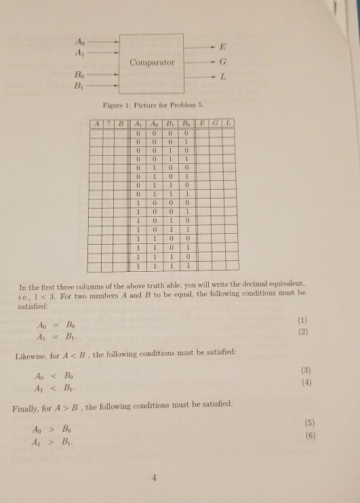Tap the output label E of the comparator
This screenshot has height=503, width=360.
tap(222, 47)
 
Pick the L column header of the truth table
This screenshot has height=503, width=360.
tap(229, 123)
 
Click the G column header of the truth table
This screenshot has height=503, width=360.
tap(214, 123)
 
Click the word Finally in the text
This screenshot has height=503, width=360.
tap(27, 407)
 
